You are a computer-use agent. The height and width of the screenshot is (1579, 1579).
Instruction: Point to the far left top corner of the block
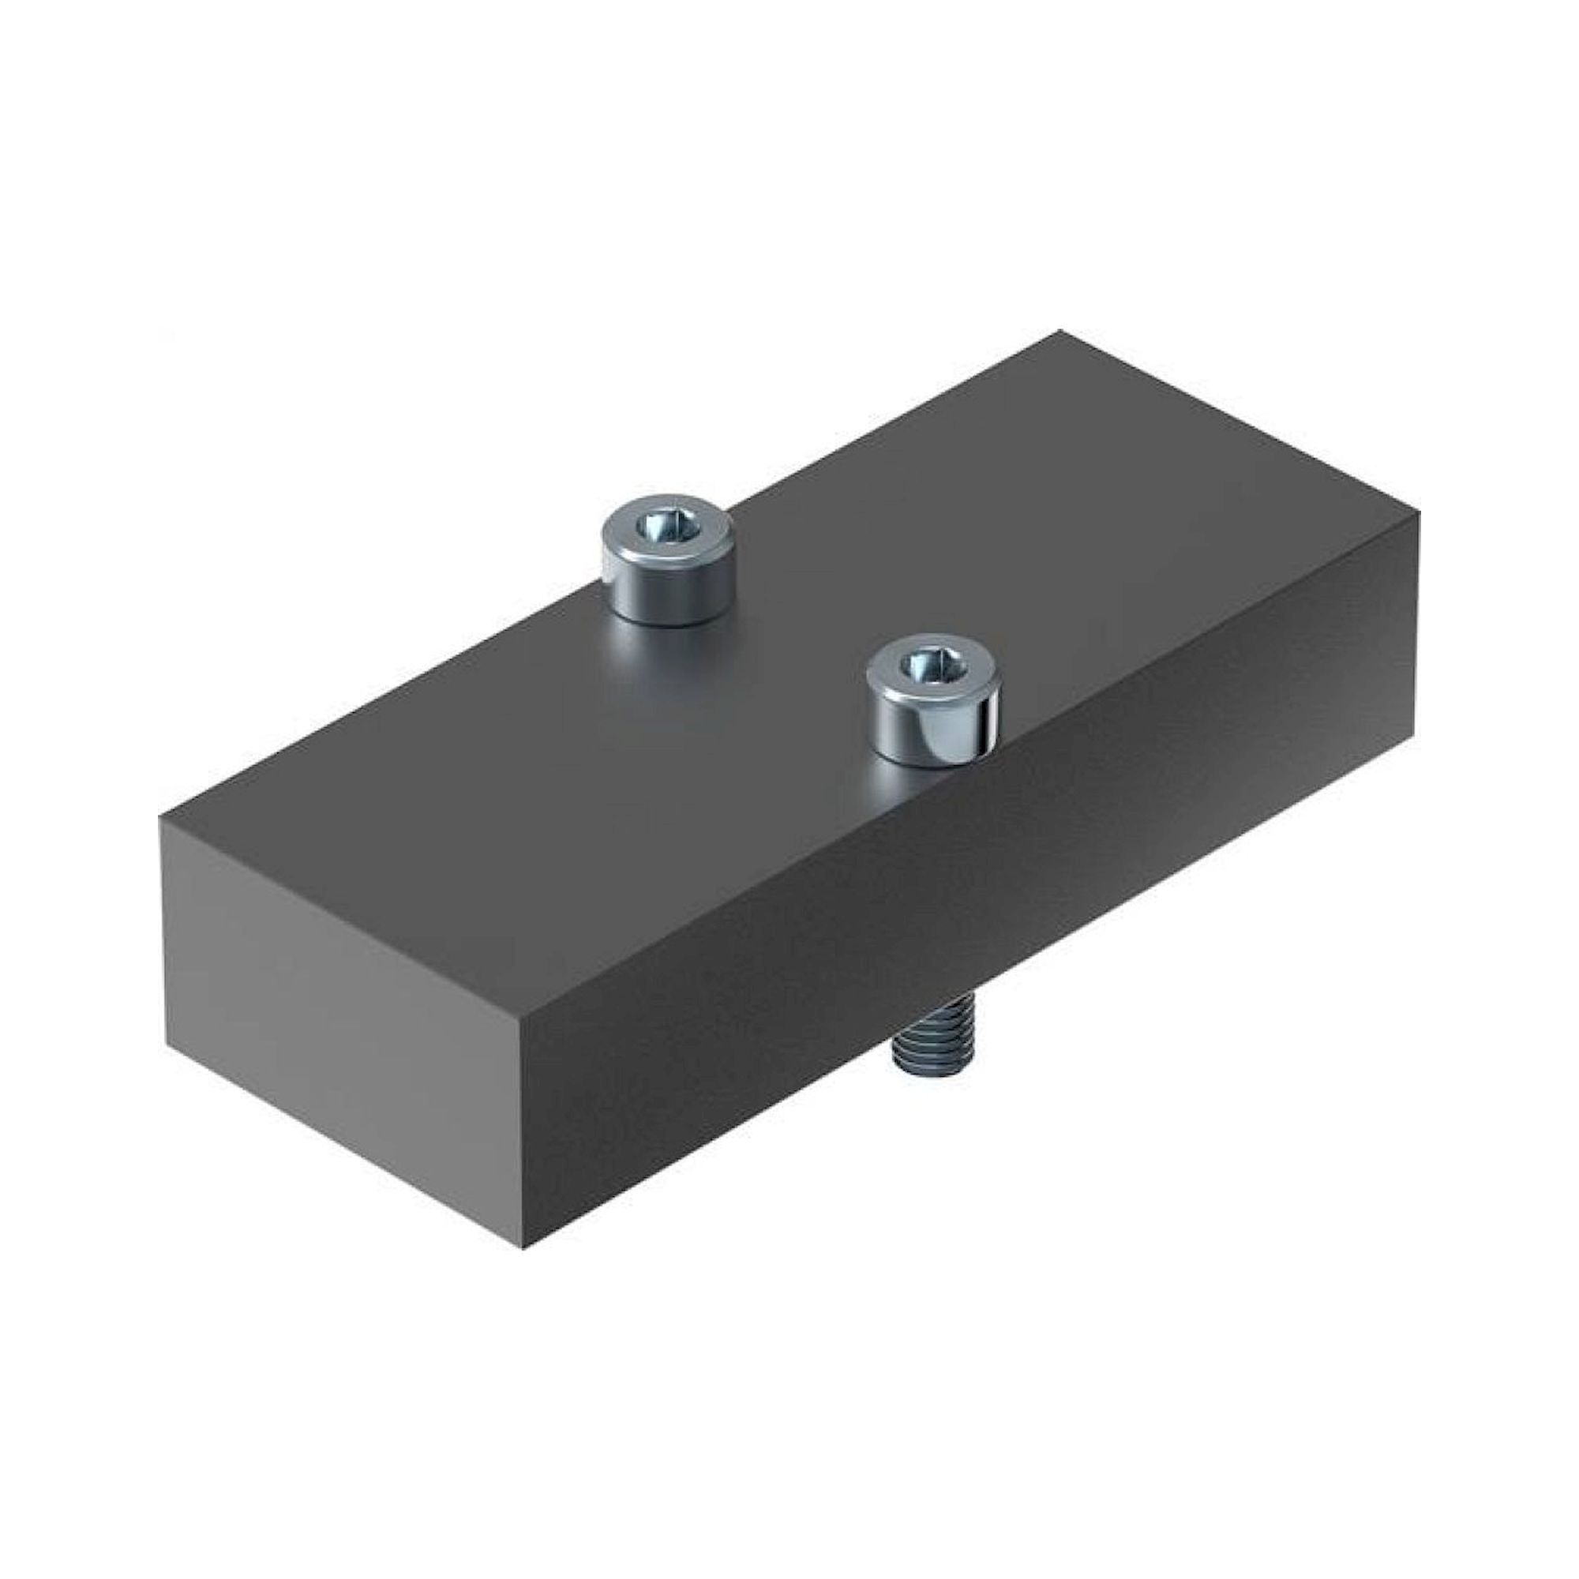click(x=160, y=818)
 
